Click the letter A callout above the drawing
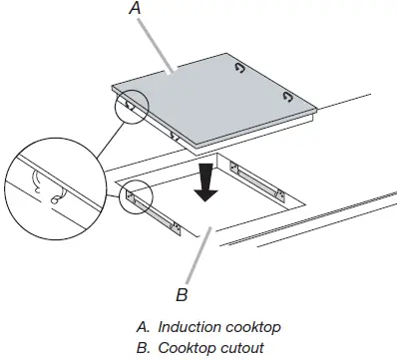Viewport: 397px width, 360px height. (x=136, y=9)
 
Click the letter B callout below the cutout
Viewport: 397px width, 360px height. (x=181, y=294)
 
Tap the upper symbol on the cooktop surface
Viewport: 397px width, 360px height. (x=238, y=69)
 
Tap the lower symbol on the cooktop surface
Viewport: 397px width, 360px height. (x=286, y=96)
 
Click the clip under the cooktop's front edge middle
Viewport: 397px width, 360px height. (x=176, y=132)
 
